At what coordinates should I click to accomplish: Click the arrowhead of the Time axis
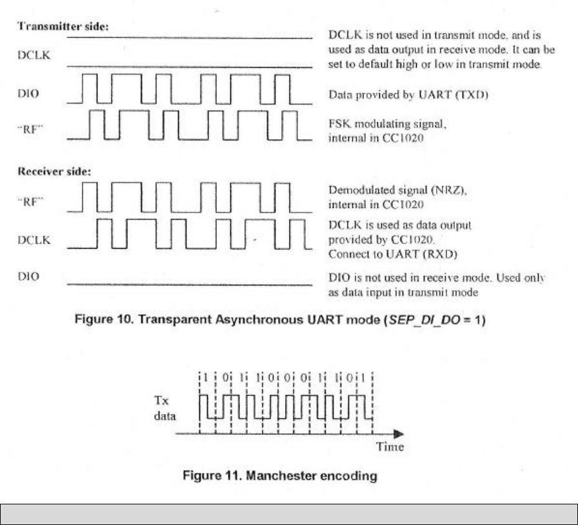[x=398, y=434]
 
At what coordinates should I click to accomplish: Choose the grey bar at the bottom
[x=288, y=514]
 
